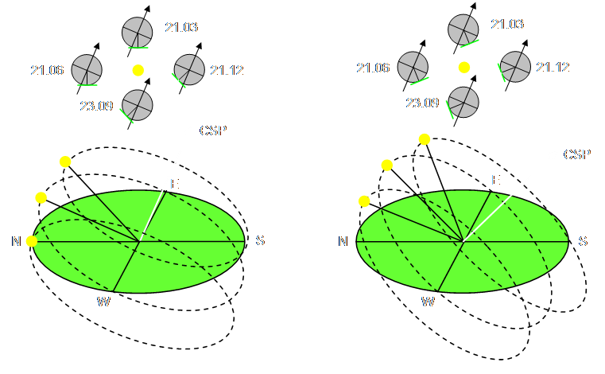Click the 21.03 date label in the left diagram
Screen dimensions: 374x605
pyautogui.click(x=181, y=28)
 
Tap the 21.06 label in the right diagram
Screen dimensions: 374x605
pyautogui.click(x=373, y=68)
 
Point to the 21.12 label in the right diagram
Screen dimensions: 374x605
pyautogui.click(x=553, y=68)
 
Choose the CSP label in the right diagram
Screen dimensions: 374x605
pyautogui.click(x=577, y=154)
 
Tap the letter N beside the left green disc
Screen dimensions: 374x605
pyautogui.click(x=16, y=241)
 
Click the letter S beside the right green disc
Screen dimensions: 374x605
pyautogui.click(x=583, y=241)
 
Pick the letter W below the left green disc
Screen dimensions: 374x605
pyautogui.click(x=103, y=301)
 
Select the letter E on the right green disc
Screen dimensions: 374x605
pyautogui.click(x=495, y=181)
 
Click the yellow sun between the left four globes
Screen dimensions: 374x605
pyautogui.click(x=138, y=70)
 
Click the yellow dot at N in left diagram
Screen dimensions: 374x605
pyautogui.click(x=32, y=241)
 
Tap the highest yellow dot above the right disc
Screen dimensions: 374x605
pyautogui.click(x=425, y=140)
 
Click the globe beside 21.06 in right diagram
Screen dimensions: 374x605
pyautogui.click(x=413, y=67)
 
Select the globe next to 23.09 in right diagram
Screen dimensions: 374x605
pyautogui.click(x=463, y=101)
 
